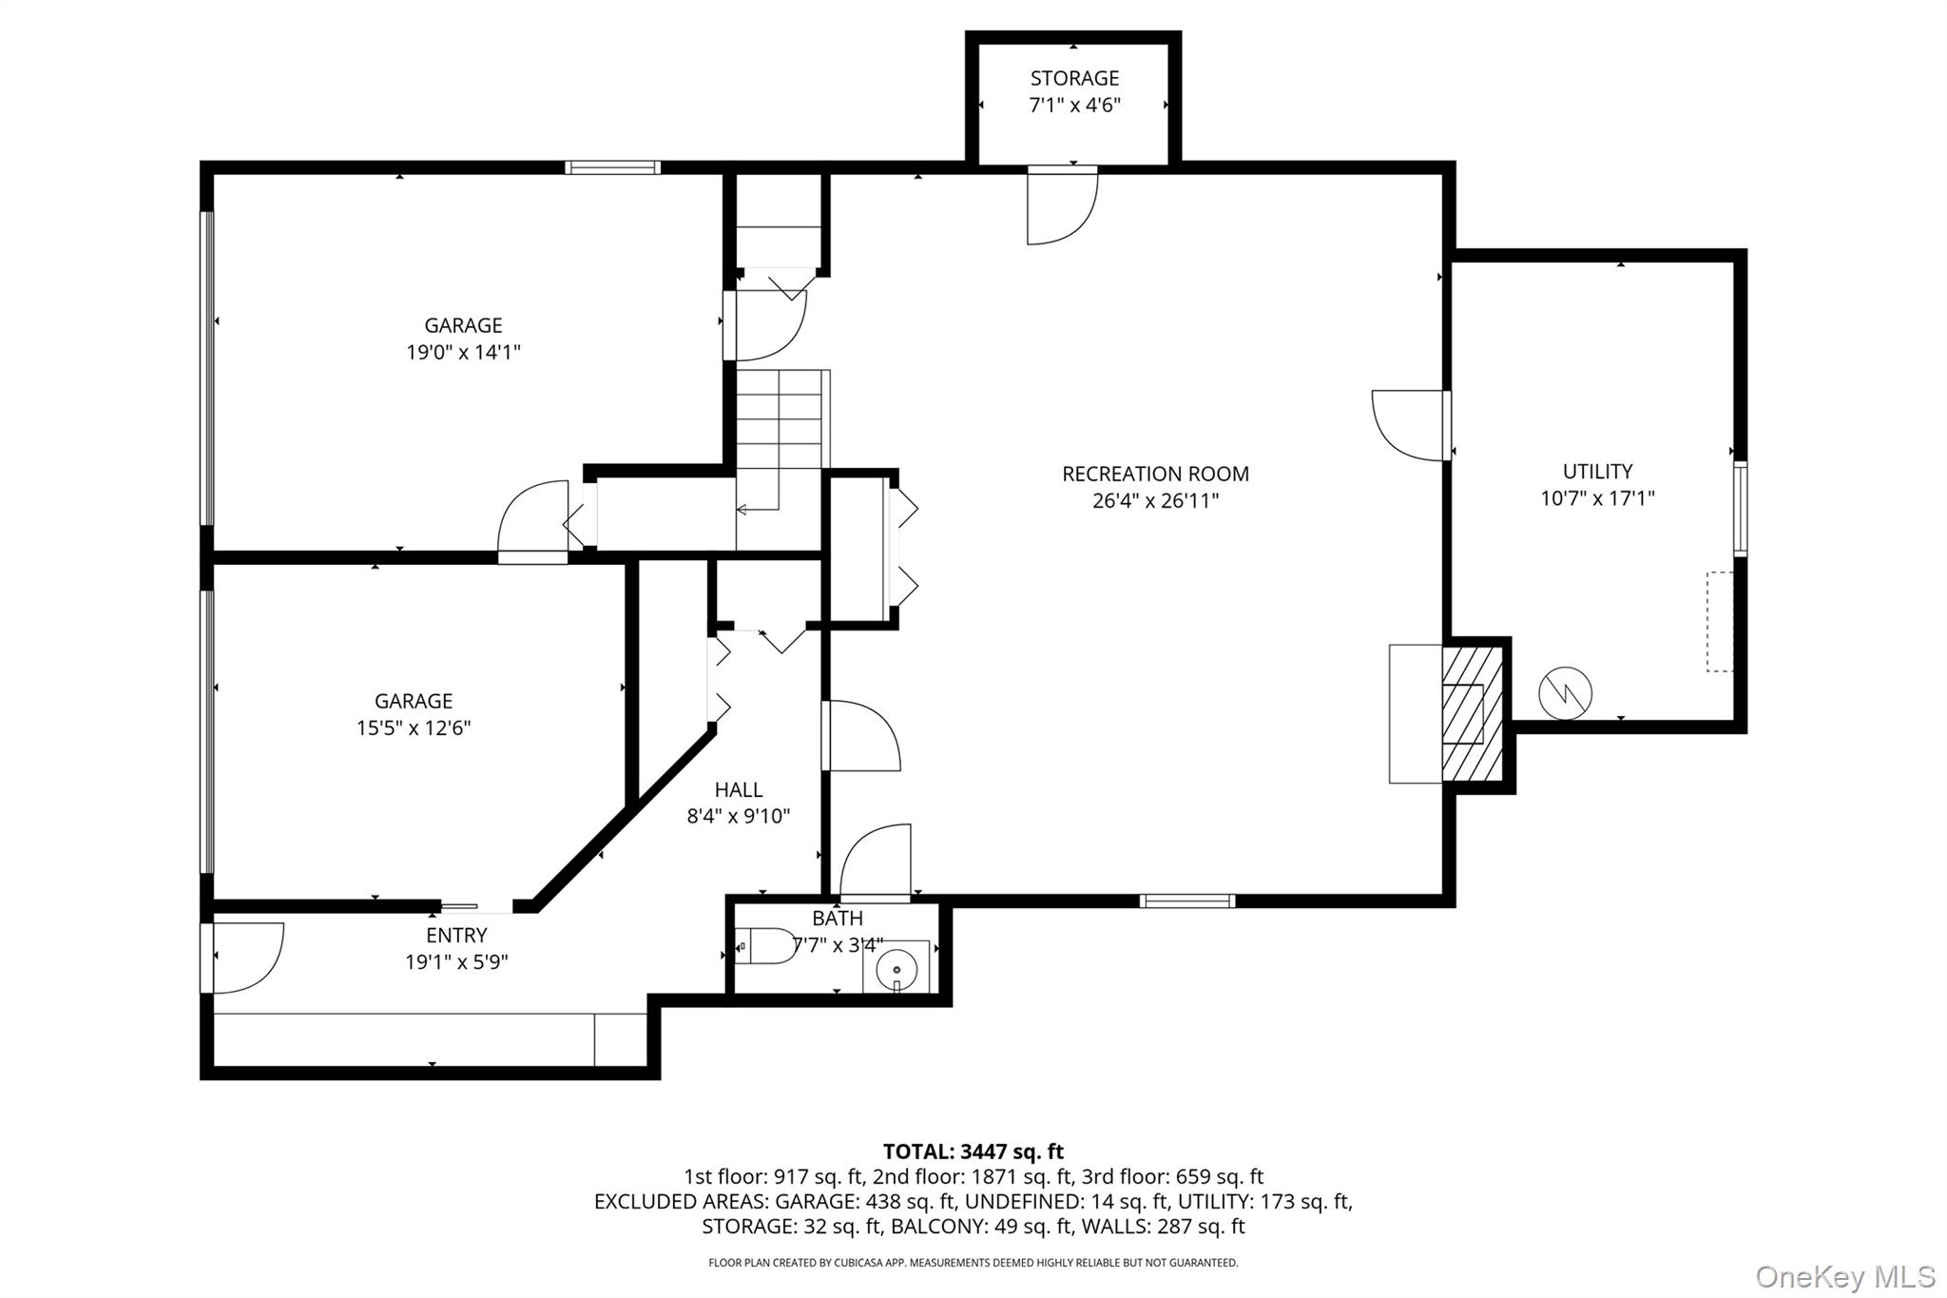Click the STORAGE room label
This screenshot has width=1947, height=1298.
[x=1074, y=78]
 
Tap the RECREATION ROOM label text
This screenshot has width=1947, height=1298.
[x=1155, y=474]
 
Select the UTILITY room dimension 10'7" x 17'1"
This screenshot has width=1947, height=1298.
[x=1597, y=498]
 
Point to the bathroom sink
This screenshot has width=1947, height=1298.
[x=896, y=968]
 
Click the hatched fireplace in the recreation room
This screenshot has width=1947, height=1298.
[x=1472, y=713]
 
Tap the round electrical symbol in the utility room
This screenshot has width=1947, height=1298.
[x=1565, y=693]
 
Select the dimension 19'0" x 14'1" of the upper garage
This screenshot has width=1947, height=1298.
[x=463, y=353]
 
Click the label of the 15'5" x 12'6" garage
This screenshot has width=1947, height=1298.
[x=413, y=701]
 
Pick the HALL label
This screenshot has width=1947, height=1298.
[x=739, y=789]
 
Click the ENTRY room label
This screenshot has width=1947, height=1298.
[x=456, y=935]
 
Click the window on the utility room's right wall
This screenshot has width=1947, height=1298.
[x=1740, y=509]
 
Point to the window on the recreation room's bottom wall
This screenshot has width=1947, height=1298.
[x=1187, y=901]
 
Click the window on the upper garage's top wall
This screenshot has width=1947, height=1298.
[x=612, y=167]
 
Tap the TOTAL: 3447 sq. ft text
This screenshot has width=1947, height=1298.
[x=973, y=1152]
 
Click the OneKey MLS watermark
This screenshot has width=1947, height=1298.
[x=1844, y=1275]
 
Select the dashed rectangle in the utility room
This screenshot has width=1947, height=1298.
[x=1719, y=621]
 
